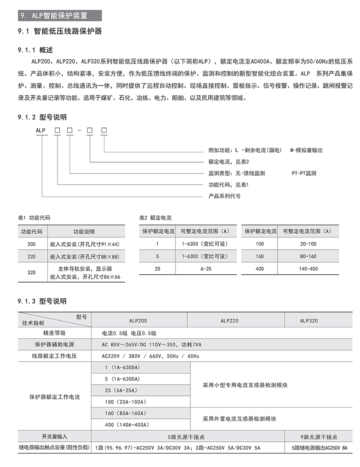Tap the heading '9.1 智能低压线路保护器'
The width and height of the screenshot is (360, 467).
tap(60, 31)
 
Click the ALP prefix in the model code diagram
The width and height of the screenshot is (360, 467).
tap(41, 130)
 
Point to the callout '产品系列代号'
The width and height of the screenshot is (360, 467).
tap(225, 196)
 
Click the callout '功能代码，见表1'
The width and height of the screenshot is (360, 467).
tap(229, 185)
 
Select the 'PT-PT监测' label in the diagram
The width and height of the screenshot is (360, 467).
tap(304, 173)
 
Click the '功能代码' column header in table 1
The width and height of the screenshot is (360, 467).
tap(31, 231)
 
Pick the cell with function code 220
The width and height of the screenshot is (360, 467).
tap(31, 256)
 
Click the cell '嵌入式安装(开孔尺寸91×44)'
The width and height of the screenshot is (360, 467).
tap(85, 244)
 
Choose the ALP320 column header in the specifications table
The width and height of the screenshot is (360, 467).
tap(309, 321)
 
